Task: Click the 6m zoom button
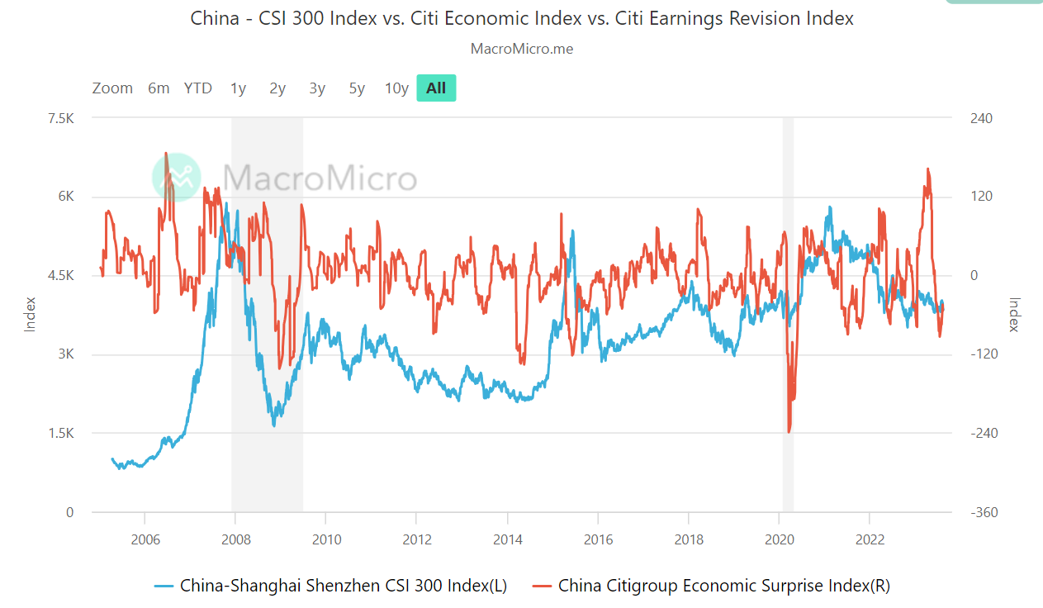(x=159, y=88)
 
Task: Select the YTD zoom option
(x=198, y=88)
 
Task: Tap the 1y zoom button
(x=238, y=88)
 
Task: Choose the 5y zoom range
(x=357, y=88)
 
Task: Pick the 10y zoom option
(x=396, y=88)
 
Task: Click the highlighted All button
(x=436, y=88)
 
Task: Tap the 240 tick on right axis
(x=980, y=118)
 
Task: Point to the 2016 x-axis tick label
(x=598, y=539)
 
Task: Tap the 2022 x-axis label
(x=870, y=539)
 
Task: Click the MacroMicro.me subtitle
(x=522, y=49)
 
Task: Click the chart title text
(x=522, y=17)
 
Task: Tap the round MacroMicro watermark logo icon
(x=177, y=178)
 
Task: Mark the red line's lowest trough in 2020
(x=789, y=431)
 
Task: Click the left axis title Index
(x=31, y=314)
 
